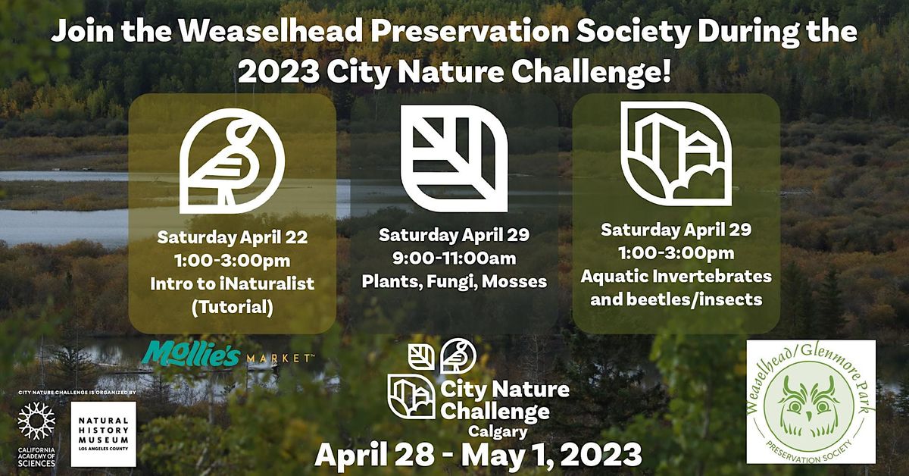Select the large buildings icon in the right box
point(676,154)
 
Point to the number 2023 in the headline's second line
point(278,73)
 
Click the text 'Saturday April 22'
point(232,237)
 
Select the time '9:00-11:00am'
point(454,258)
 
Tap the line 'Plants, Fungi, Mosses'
point(454,281)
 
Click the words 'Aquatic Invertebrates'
point(676,276)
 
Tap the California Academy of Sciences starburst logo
point(36,424)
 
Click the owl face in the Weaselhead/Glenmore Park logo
point(811,403)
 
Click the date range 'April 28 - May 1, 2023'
point(478,455)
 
